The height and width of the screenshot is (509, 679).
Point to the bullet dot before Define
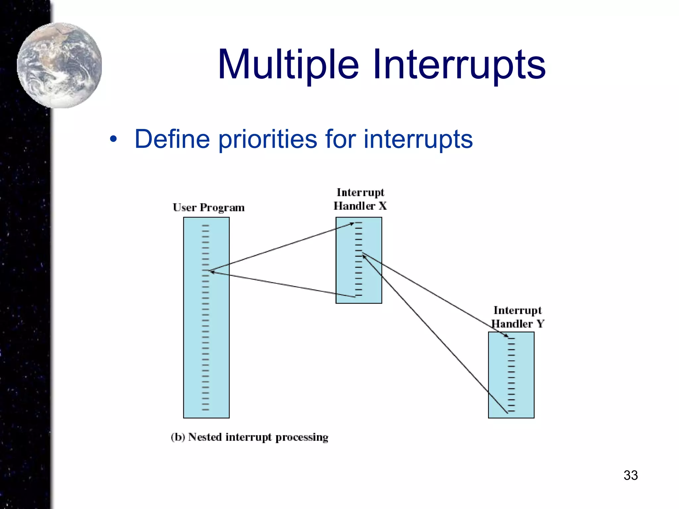point(113,140)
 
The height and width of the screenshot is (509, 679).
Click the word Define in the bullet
point(172,139)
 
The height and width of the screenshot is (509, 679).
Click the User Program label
point(209,208)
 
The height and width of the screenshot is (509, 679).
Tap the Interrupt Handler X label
point(360,199)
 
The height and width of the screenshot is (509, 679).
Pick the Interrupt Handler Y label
point(517,317)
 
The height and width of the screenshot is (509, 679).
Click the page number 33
point(631,475)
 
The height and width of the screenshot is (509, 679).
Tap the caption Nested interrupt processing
point(258,437)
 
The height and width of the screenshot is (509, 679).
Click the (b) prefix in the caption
point(178,437)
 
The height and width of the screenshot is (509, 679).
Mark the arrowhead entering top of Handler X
point(352,224)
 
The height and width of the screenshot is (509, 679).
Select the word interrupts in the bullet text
point(418,139)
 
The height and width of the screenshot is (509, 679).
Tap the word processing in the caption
point(302,438)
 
